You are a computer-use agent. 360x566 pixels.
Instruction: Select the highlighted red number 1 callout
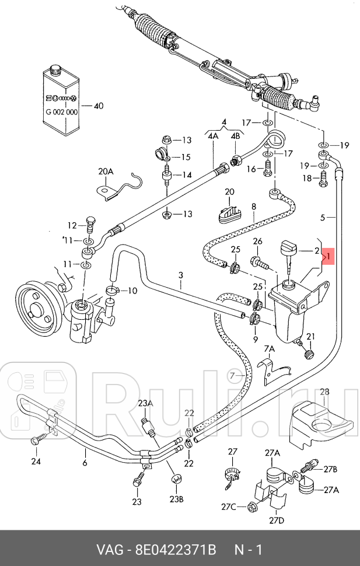pyautogui.click(x=328, y=256)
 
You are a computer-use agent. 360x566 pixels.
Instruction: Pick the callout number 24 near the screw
pyautogui.click(x=36, y=461)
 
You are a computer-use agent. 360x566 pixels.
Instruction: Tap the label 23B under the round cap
pyautogui.click(x=177, y=499)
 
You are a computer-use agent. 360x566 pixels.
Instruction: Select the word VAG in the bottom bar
pyautogui.click(x=111, y=550)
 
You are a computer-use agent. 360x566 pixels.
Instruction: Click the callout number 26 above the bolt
pyautogui.click(x=257, y=242)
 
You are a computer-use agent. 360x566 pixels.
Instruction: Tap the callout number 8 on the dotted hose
pyautogui.click(x=254, y=206)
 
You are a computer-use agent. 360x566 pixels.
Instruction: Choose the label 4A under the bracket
pyautogui.click(x=212, y=135)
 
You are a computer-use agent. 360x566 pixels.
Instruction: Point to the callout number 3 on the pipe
pyautogui.click(x=181, y=275)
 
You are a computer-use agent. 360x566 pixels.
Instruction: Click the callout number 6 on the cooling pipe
pyautogui.click(x=85, y=463)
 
